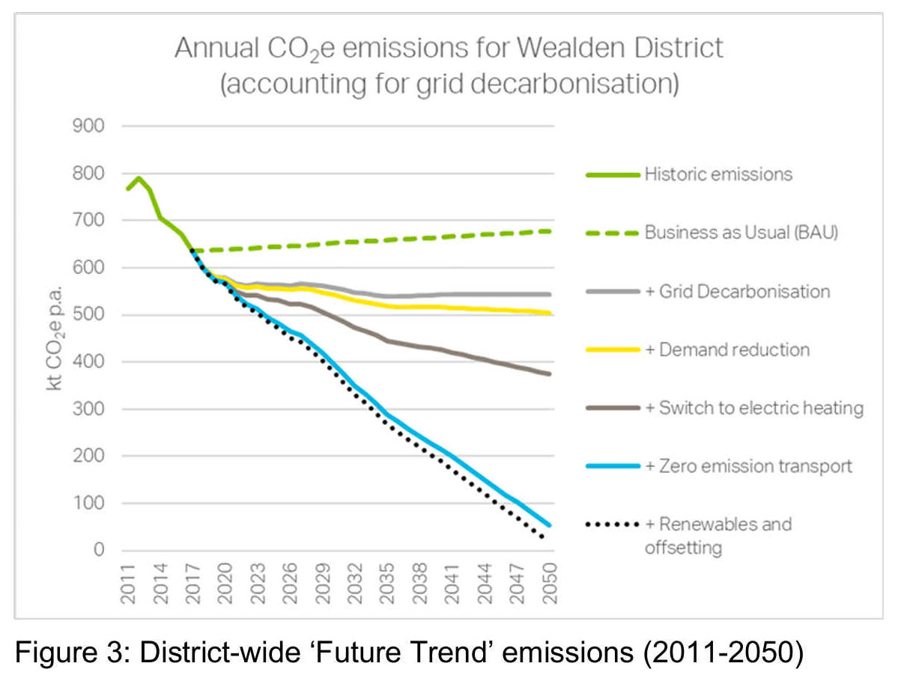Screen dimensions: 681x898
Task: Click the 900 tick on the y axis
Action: tap(88, 126)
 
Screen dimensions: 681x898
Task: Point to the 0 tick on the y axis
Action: tap(97, 551)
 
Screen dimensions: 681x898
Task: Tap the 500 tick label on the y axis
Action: tap(88, 315)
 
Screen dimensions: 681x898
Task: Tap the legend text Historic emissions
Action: tap(718, 174)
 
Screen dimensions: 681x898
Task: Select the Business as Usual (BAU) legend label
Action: tap(741, 233)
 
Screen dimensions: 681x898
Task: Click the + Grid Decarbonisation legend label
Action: tap(737, 291)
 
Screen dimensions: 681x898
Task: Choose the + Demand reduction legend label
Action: tap(726, 349)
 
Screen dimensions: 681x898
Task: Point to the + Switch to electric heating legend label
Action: tap(753, 409)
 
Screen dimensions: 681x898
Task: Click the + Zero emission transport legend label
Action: tap(748, 466)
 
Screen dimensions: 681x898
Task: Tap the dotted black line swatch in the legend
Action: tap(612, 525)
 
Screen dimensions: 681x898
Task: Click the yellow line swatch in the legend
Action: tap(612, 349)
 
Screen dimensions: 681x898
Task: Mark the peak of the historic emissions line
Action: tap(139, 178)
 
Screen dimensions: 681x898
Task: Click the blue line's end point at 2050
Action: tap(550, 525)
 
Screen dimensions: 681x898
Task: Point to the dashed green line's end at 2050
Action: tap(550, 231)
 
